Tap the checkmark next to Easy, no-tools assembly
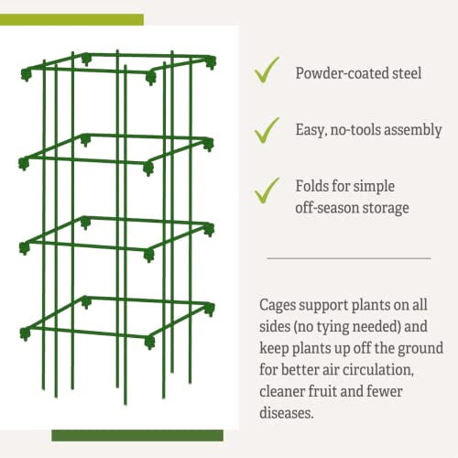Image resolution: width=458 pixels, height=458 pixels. [267, 129]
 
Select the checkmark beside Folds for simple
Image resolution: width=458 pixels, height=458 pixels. [267, 190]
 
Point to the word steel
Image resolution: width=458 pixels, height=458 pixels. [405, 72]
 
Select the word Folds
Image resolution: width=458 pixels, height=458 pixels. [313, 188]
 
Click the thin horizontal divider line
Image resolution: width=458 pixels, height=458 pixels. [349, 258]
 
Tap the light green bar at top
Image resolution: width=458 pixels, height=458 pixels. [72, 19]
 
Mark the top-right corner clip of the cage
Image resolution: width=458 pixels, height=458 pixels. [212, 62]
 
